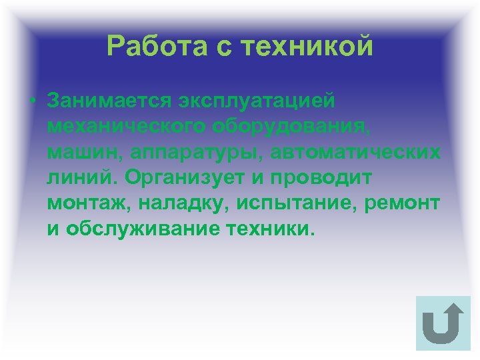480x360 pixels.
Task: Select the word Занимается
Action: tap(109, 103)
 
